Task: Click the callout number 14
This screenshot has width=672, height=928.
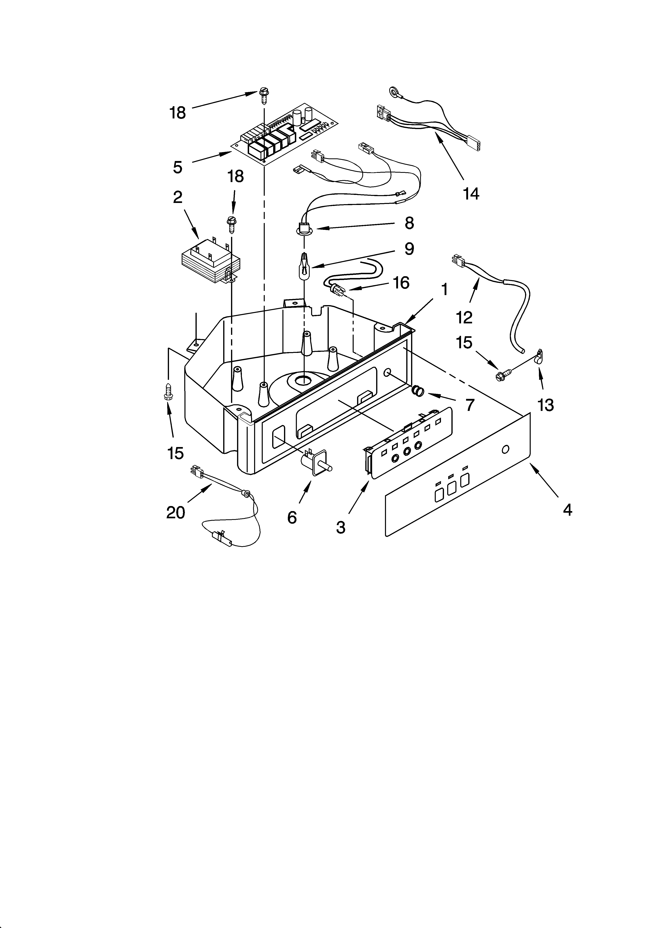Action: [471, 194]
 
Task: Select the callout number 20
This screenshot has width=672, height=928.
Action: [176, 512]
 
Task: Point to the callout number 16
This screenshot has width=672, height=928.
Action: [401, 282]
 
